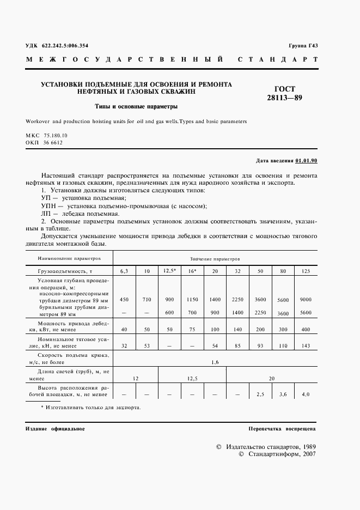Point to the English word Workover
[x=40, y=122]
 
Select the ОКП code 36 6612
[x=50, y=142]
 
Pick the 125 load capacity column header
[x=306, y=270]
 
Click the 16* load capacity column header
[x=192, y=270]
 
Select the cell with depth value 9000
[x=306, y=300]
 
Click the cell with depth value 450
[x=124, y=300]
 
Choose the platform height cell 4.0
[x=306, y=393]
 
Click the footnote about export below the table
[x=90, y=407]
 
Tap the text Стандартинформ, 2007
[x=281, y=453]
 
